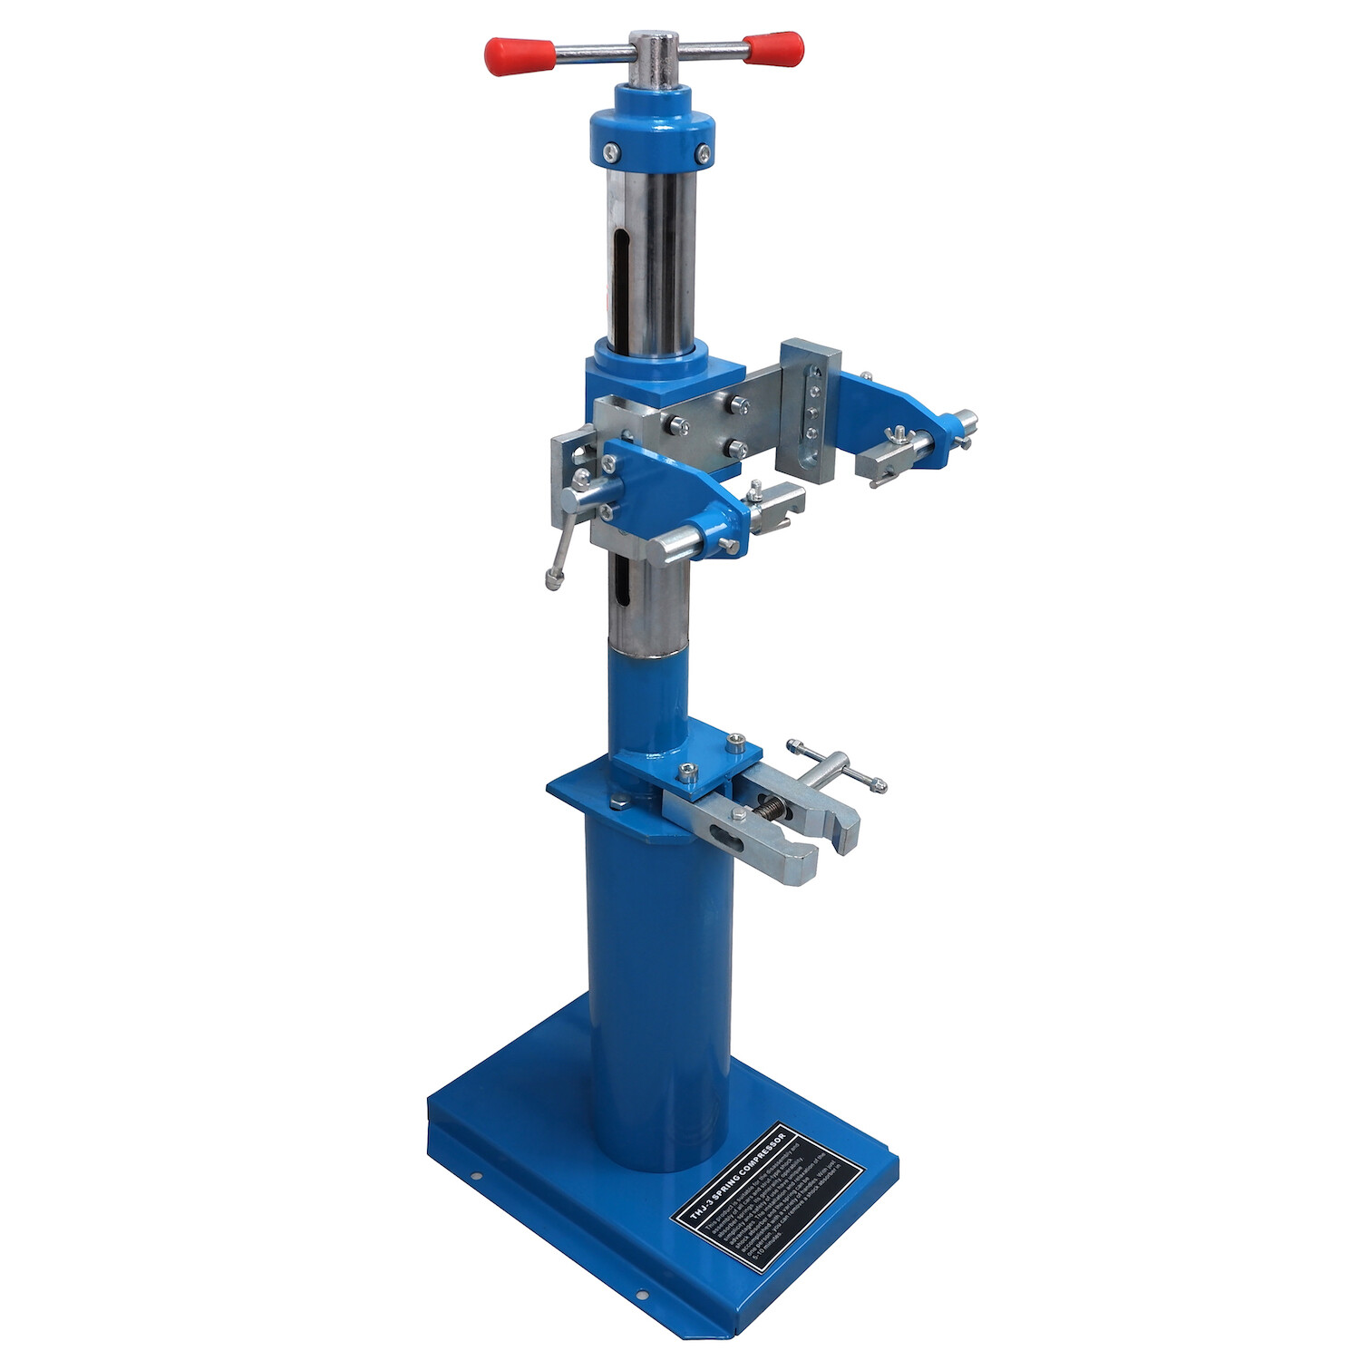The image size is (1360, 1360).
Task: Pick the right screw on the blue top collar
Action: pos(702,151)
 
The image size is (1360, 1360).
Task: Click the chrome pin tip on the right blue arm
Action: pos(967,421)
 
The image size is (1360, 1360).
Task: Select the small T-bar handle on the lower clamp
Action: pos(836,766)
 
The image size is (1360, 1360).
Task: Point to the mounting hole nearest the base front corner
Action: pos(641,1295)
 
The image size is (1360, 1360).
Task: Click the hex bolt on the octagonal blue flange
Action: pos(621,801)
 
